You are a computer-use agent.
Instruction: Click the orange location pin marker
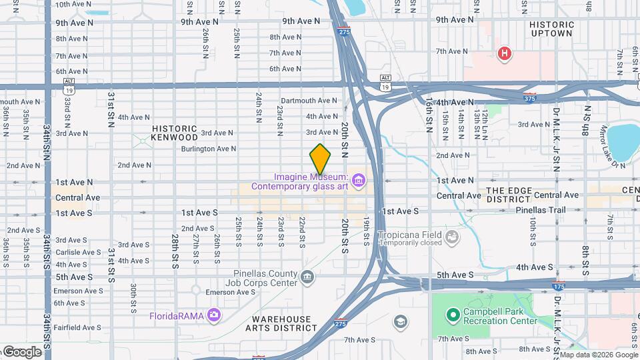click(x=320, y=159)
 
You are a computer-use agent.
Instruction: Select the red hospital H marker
click(x=505, y=54)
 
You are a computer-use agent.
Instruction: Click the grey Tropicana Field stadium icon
click(x=453, y=236)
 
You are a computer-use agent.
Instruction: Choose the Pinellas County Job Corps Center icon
click(x=307, y=277)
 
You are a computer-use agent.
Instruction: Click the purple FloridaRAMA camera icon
click(x=213, y=314)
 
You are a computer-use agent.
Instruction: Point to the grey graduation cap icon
click(x=400, y=323)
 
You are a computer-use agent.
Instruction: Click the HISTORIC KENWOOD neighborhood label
click(x=175, y=133)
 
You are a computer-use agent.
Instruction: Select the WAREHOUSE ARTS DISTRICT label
click(x=281, y=323)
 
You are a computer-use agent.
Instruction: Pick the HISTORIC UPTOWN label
click(x=551, y=29)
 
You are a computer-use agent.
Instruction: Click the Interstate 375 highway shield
click(x=530, y=97)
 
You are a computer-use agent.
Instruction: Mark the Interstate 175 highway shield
click(x=559, y=287)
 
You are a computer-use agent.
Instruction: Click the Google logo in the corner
click(x=21, y=352)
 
